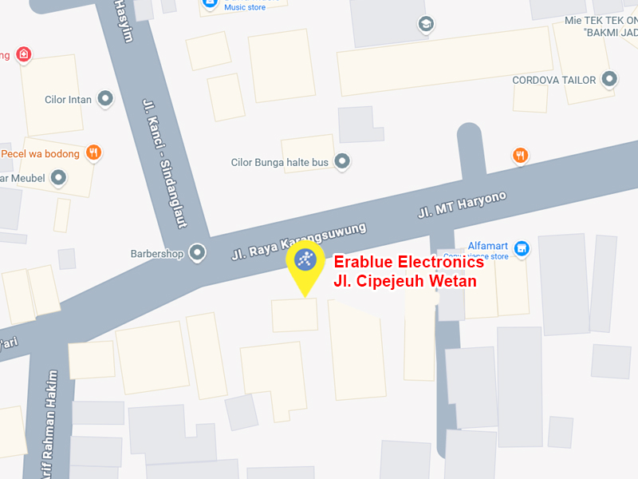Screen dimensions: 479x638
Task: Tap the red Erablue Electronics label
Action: pos(408,262)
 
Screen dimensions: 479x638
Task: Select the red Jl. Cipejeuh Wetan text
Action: pos(404,281)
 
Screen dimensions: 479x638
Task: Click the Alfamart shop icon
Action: pos(522,249)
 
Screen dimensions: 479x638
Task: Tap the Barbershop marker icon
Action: pos(198,253)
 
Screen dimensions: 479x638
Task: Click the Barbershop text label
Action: pos(157,254)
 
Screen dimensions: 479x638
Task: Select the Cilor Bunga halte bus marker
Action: pos(342,161)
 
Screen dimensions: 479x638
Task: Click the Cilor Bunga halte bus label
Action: pos(279,162)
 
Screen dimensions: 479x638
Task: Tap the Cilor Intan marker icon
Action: pos(105,99)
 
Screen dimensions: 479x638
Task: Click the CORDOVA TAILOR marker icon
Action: pos(610,79)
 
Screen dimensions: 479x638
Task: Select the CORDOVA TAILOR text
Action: pos(553,80)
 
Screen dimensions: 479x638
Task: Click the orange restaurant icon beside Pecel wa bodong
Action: pos(94,153)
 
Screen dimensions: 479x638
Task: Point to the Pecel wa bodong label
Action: pos(40,153)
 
